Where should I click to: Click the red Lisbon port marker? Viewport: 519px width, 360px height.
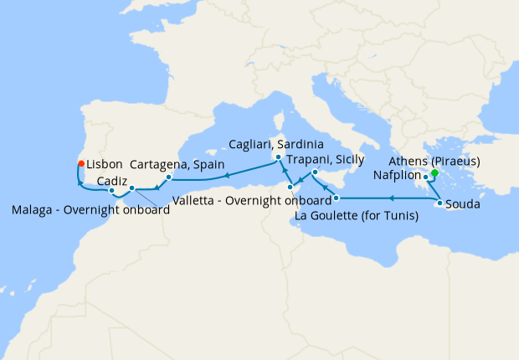point(80,164)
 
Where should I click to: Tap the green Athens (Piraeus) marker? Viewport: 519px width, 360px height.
point(434,173)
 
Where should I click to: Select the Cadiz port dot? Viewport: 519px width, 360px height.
point(111,190)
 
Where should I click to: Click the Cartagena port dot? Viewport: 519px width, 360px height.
point(168,177)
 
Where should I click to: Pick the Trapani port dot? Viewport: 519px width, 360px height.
point(314,172)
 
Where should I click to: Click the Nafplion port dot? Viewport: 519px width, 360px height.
point(426,177)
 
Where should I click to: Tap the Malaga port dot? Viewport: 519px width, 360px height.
point(131,188)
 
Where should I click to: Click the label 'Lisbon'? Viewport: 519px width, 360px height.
point(105,165)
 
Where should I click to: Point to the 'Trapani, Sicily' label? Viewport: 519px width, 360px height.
point(325,159)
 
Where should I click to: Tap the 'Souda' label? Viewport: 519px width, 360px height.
point(463,203)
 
